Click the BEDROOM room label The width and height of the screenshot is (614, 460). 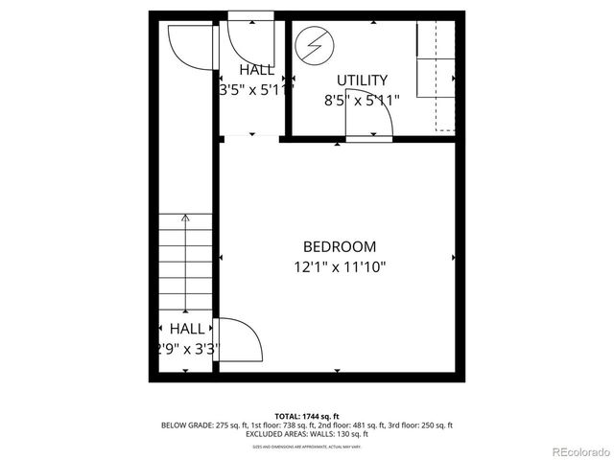(340, 246)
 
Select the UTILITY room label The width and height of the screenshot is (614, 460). (362, 80)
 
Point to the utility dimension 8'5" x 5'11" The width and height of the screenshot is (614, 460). (362, 99)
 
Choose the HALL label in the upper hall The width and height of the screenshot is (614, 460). (256, 70)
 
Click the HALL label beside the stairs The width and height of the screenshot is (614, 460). (186, 328)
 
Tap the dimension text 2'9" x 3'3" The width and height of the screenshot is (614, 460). (186, 349)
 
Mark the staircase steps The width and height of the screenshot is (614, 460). (185, 259)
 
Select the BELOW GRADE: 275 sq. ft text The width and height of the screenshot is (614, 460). (199, 425)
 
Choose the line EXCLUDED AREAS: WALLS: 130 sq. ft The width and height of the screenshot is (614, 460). (307, 434)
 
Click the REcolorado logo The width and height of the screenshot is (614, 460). (578, 450)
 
